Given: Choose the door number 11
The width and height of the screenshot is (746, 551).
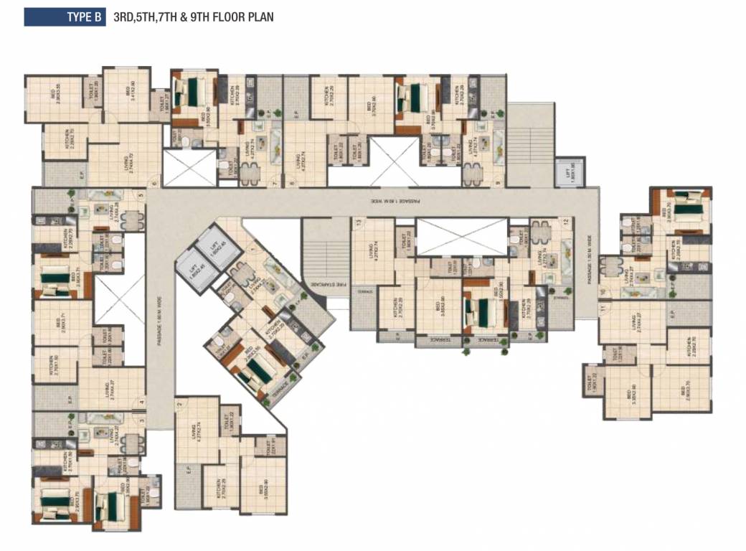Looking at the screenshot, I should point(603,307).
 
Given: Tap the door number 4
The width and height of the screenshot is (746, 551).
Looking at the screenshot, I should point(142,402).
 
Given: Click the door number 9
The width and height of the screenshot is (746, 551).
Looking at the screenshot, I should point(497,182).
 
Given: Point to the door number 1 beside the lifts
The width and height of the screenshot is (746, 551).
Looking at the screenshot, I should point(252,249).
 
